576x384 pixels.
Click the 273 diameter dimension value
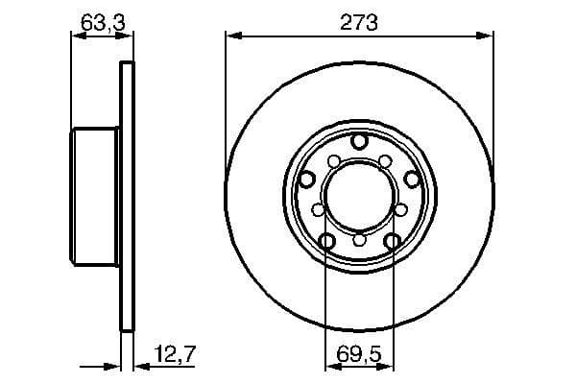[x=359, y=20]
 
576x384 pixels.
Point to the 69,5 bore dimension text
[x=360, y=358]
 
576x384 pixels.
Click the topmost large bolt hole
[x=359, y=142]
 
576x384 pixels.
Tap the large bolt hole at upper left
[x=308, y=179]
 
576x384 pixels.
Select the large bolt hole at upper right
[x=411, y=179]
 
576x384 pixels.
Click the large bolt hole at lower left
[x=327, y=241]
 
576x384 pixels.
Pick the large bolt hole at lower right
[x=392, y=241]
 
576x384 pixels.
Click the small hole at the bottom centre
[x=359, y=240]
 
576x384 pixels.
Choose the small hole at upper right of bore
[x=384, y=160]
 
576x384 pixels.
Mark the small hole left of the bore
[x=318, y=208]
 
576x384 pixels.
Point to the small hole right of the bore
[x=401, y=208]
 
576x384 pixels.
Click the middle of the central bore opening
[x=359, y=196]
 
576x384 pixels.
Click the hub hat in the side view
[x=96, y=196]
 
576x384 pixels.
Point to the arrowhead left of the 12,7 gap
[x=112, y=366]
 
